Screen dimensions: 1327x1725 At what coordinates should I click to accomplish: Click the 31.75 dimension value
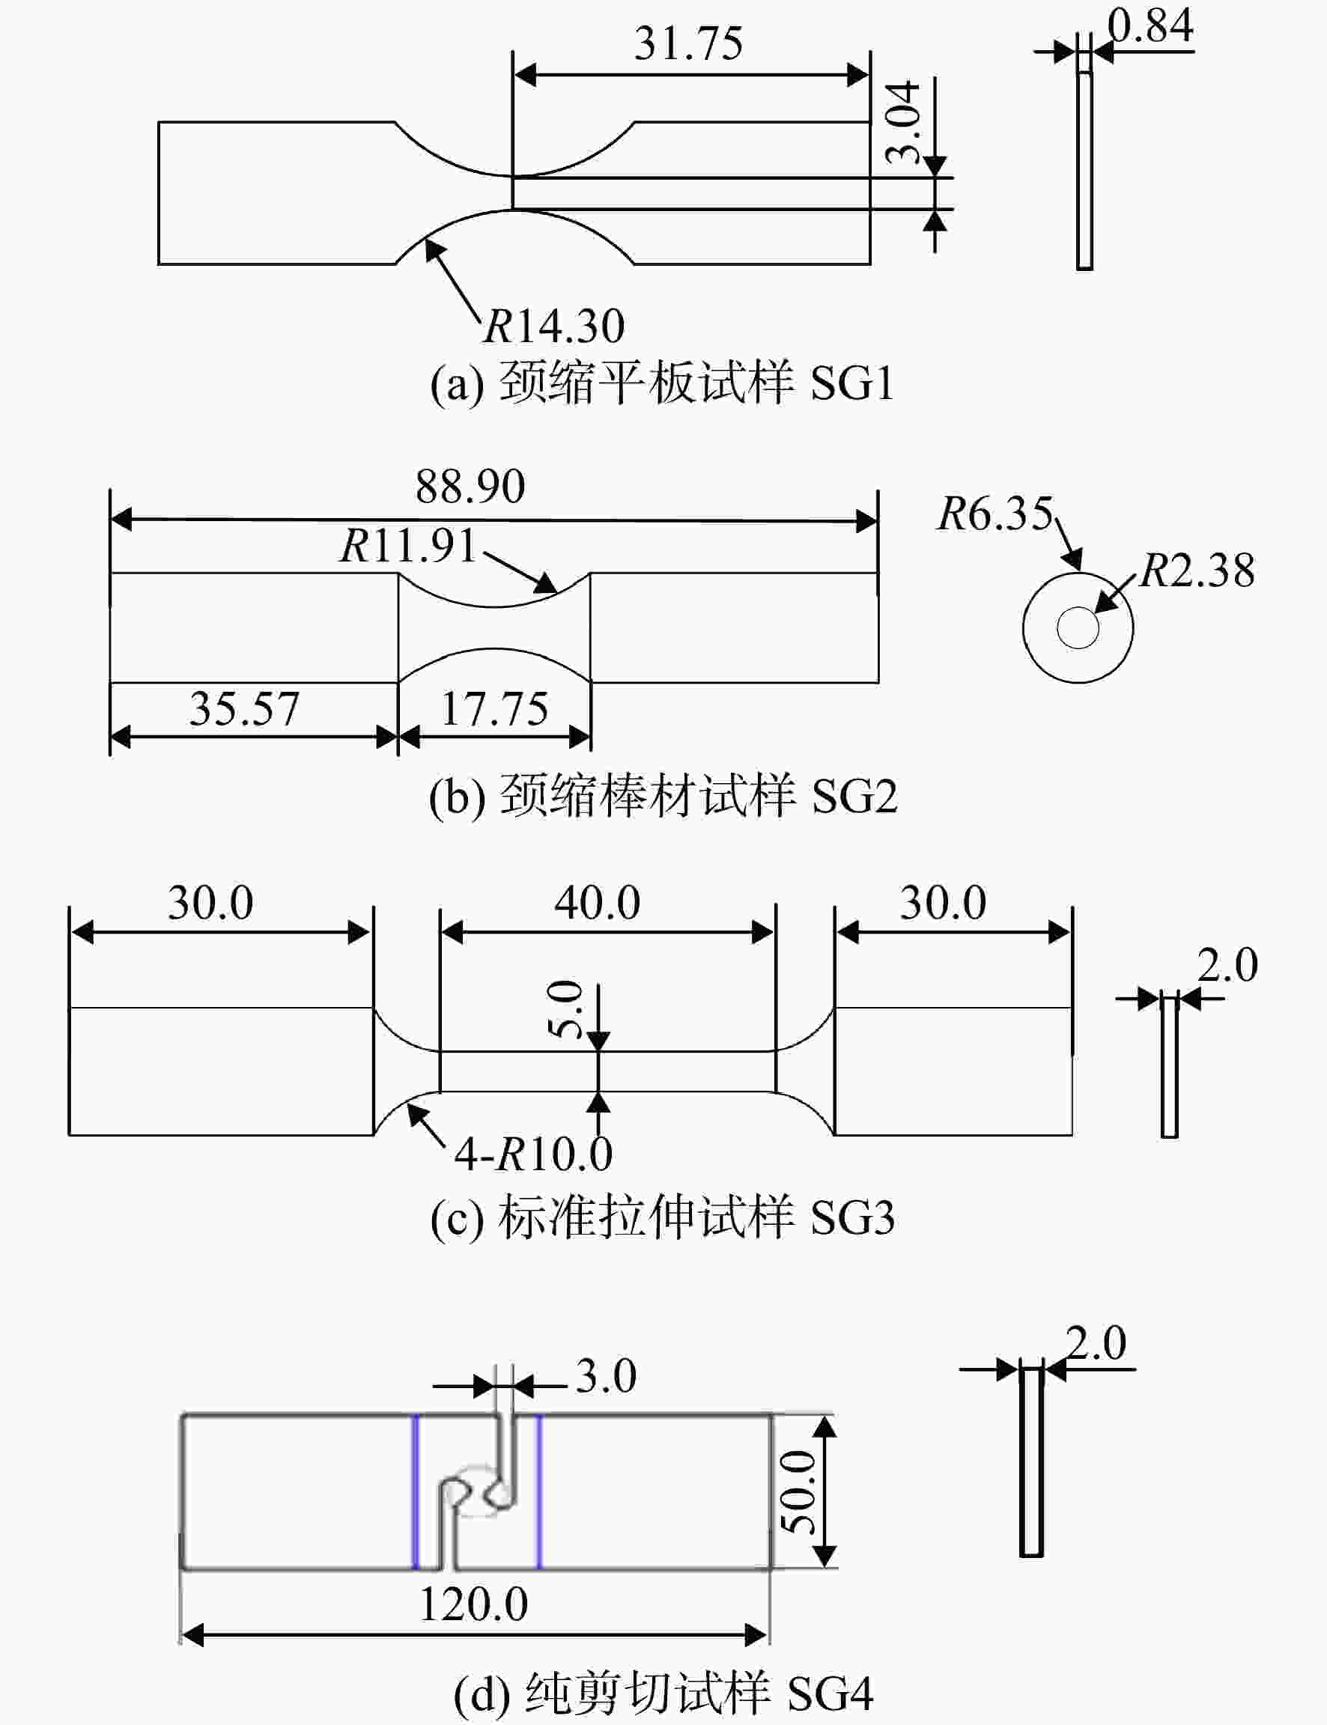tap(688, 43)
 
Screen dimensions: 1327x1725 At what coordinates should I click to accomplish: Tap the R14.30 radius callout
tap(553, 325)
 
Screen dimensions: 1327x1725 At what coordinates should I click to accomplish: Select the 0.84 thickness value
tap(1150, 25)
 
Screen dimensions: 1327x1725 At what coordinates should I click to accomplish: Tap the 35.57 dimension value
tap(244, 708)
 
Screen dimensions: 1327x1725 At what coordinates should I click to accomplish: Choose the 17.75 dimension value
tap(494, 708)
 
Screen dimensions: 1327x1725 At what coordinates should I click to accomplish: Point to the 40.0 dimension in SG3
tap(597, 902)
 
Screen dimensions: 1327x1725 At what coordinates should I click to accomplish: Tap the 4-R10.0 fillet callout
tap(533, 1154)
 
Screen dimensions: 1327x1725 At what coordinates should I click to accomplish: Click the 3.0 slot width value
tap(606, 1376)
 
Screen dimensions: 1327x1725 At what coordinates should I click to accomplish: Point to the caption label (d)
tap(482, 1694)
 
